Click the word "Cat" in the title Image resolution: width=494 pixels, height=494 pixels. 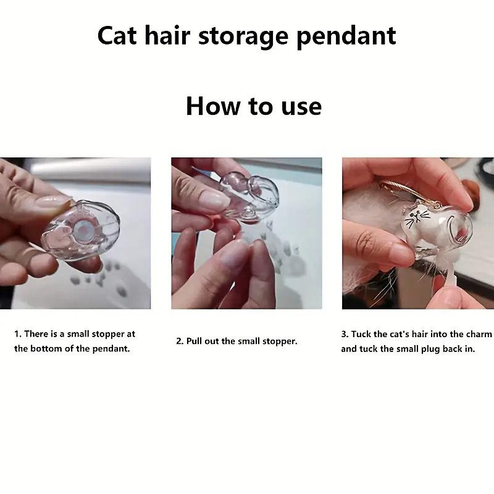click(x=117, y=36)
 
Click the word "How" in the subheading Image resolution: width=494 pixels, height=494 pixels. click(x=213, y=106)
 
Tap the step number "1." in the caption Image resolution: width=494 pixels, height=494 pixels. click(x=18, y=334)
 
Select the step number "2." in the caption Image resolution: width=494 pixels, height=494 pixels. click(x=180, y=341)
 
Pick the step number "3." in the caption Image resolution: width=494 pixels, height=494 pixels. click(x=345, y=334)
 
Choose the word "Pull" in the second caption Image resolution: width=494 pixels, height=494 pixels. click(x=194, y=341)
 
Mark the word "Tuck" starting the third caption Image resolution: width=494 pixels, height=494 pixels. click(x=361, y=334)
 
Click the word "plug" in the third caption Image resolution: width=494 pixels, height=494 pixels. click(x=430, y=350)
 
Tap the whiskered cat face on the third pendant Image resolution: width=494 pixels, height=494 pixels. click(x=418, y=218)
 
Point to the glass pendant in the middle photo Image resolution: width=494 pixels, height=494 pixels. click(x=249, y=197)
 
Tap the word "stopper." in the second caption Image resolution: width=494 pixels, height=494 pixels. click(x=280, y=341)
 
